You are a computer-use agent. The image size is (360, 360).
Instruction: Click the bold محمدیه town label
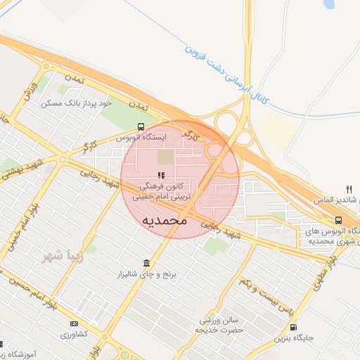tap(165, 221)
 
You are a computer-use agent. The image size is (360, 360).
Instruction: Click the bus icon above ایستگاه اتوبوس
tap(141, 127)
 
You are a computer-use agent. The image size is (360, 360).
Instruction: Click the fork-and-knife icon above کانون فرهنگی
tap(161, 175)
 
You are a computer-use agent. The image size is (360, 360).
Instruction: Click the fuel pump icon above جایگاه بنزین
tap(293, 327)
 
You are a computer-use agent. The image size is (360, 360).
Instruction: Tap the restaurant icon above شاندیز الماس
tap(349, 189)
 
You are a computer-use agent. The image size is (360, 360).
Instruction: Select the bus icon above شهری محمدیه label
tap(339, 220)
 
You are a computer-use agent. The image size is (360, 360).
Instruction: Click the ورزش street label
tap(29, 91)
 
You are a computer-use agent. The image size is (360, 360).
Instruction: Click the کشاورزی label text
tap(74, 333)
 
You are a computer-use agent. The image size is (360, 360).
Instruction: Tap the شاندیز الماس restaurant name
tap(338, 200)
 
